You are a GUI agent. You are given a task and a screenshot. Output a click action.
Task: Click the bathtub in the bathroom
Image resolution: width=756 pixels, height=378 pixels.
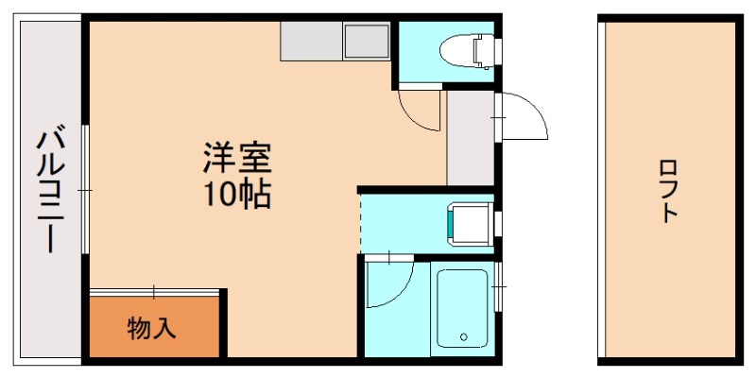[x=461, y=307]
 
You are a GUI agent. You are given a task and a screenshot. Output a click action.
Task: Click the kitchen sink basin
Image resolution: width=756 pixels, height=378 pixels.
[x=366, y=43]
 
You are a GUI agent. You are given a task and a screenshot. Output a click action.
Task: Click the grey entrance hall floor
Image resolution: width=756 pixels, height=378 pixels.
[x=470, y=138]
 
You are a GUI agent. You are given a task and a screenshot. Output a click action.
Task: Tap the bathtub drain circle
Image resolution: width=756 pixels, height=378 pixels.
[x=464, y=335]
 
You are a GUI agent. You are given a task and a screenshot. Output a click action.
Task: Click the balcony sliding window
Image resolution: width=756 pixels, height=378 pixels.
[x=85, y=190]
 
